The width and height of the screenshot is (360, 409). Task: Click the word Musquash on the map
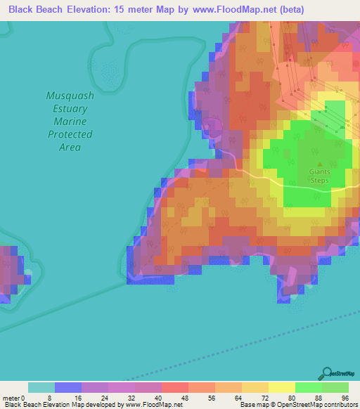tap(69, 96)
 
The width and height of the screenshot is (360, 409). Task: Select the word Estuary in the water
tap(69, 109)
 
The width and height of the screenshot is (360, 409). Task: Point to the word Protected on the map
tap(70, 134)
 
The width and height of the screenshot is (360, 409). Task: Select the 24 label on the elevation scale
tap(108, 398)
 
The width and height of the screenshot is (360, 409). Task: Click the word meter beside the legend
tap(11, 398)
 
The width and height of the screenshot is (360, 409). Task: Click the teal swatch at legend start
tap(41, 387)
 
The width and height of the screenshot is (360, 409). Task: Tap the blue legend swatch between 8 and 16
tap(68, 387)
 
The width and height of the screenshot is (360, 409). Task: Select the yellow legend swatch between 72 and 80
tap(282, 387)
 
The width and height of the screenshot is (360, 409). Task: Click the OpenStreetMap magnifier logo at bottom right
tap(327, 373)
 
